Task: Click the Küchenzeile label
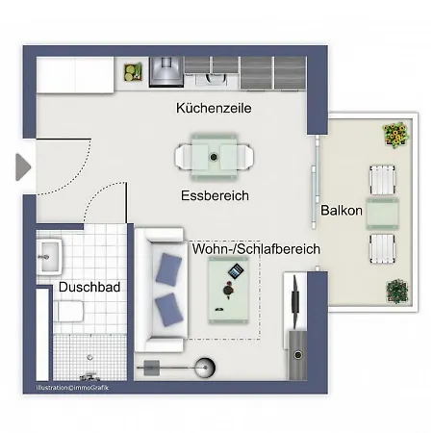pos(214,110)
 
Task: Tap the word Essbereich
pos(215,195)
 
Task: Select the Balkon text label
pos(342,211)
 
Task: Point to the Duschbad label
pos(89,287)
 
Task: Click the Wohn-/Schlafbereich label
pos(256,249)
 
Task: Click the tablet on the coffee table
pos(233,274)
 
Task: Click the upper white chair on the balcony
pos(382,180)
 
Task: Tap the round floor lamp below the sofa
pos(205,366)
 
